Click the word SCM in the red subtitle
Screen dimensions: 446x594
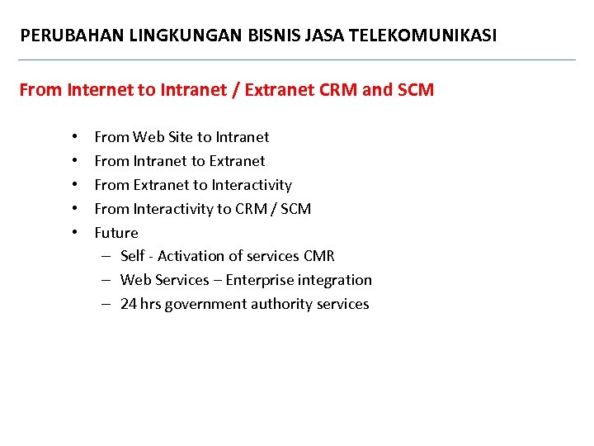(415, 90)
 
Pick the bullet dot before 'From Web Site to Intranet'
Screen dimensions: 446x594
(74, 137)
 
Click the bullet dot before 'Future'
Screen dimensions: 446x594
(74, 233)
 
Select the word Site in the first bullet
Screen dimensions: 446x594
(180, 137)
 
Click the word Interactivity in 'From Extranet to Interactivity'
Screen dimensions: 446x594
(252, 185)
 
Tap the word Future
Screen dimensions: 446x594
(116, 233)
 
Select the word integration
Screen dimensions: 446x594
(340, 281)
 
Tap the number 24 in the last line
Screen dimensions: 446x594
(129, 305)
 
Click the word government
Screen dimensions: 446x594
(201, 305)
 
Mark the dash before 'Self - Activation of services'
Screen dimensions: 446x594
(107, 257)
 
